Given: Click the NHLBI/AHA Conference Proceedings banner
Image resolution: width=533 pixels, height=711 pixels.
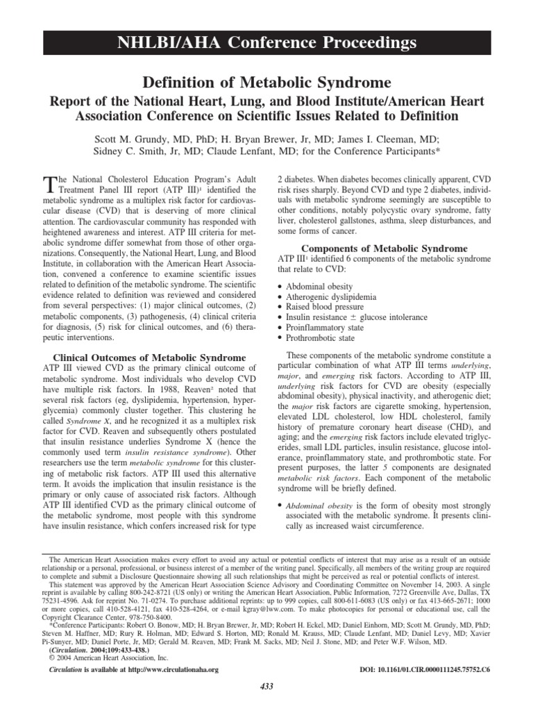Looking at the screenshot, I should tap(266, 43).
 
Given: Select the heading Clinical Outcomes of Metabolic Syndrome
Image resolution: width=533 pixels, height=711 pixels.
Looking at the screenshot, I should tap(149, 358).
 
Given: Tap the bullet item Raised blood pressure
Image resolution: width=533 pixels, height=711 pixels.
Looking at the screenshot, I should tap(324, 307).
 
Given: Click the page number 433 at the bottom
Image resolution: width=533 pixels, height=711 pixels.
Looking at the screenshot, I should tap(266, 686).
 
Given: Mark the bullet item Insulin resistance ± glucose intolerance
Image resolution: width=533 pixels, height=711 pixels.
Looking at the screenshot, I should tap(353, 317).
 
